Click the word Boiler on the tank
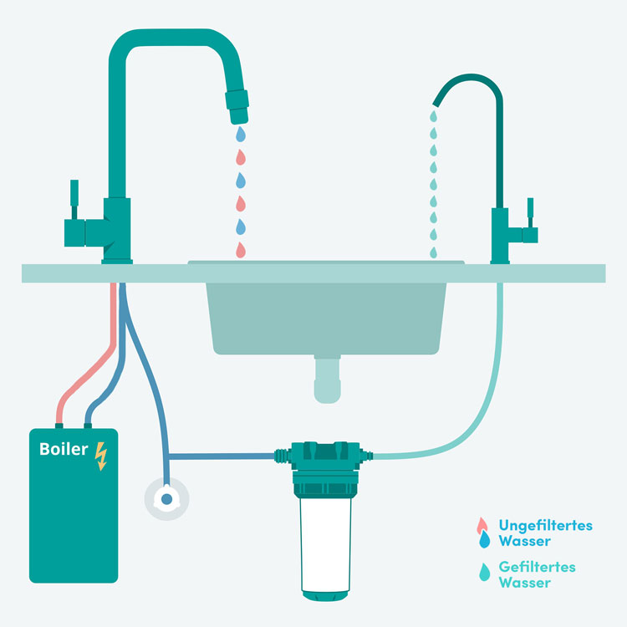point(64,449)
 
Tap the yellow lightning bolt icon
point(101,456)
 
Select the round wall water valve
point(166,498)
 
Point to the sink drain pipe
point(327,379)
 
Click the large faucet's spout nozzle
point(237,107)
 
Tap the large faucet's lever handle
point(74,199)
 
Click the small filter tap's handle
point(530,212)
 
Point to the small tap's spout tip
point(436,104)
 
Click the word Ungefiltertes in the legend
point(545,525)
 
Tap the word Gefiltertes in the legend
point(537,567)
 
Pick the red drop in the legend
point(482,525)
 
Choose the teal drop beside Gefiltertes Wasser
point(485,572)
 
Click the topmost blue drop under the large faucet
point(240,135)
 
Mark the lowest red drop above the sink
point(240,250)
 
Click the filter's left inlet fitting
point(283,456)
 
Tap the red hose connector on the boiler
point(59,426)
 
